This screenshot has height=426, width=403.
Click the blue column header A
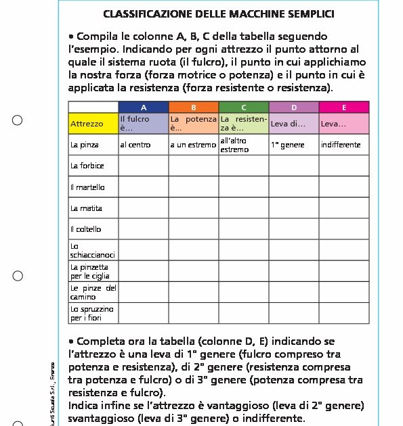tap(144, 107)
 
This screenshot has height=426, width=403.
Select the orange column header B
tap(194, 107)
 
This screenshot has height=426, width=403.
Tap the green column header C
tap(244, 107)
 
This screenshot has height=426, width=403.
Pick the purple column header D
tap(294, 107)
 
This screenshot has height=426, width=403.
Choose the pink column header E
tap(344, 107)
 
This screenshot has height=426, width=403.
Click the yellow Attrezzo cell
tap(93, 124)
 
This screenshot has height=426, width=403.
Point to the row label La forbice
tap(87, 166)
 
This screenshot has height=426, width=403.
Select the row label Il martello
tap(88, 187)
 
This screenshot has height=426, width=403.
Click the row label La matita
tap(87, 208)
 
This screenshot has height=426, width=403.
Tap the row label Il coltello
tap(86, 229)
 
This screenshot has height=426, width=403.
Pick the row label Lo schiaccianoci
tap(93, 250)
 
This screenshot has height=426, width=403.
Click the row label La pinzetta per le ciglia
tap(90, 271)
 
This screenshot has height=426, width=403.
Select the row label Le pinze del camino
tap(93, 292)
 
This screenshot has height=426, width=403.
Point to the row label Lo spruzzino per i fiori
tap(92, 313)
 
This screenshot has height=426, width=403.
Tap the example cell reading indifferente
tap(341, 145)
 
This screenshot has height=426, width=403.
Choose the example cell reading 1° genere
tap(288, 145)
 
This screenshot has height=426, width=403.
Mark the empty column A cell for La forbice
tap(144, 166)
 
